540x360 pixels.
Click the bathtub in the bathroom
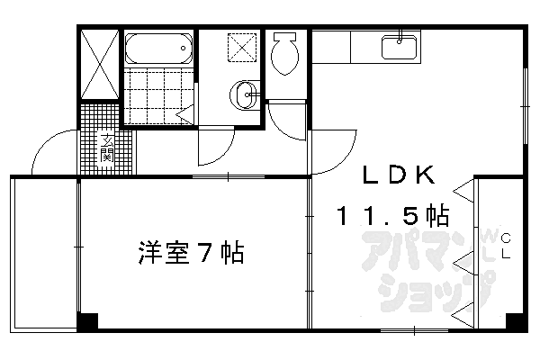coord(158,48)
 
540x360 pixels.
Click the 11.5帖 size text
coord(393,216)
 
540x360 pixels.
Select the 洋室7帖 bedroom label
coord(192,253)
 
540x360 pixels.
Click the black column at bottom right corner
coord(515,321)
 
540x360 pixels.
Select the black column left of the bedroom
coord(86,321)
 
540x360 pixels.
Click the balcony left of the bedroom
coord(43,252)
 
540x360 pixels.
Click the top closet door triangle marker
coord(463,192)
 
